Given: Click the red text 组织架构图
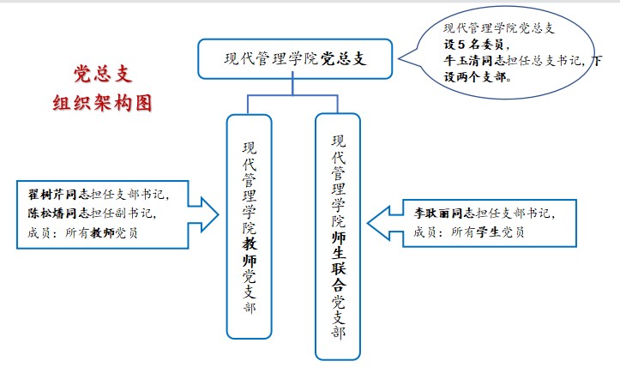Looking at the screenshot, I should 105,103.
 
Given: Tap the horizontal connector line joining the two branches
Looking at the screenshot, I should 292,95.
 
